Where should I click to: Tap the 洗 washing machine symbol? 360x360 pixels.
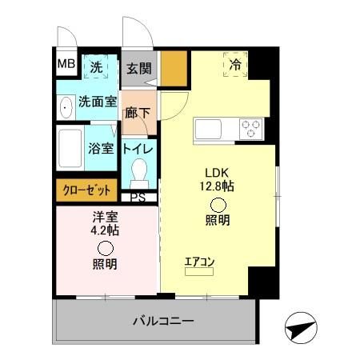95,68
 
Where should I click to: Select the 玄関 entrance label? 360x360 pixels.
138,68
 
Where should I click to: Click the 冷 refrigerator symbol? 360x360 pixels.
235,65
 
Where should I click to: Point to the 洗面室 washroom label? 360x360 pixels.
97,102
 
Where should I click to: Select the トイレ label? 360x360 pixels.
138,148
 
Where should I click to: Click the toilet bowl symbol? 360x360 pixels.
140,173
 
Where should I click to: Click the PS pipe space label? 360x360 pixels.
138,198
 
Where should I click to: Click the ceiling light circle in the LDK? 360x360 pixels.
218,202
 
